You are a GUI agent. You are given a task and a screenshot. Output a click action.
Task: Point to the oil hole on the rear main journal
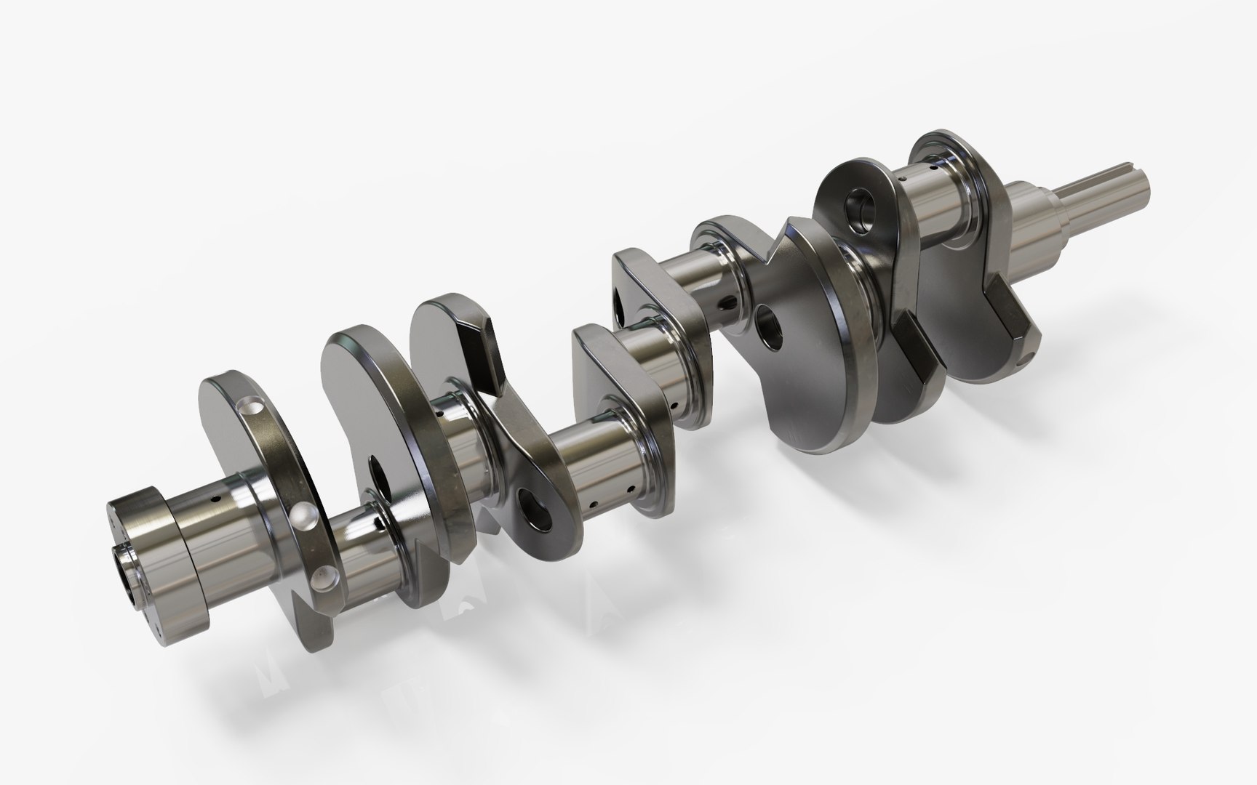tap(215, 500)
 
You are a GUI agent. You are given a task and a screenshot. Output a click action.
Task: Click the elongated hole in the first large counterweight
tap(378, 476)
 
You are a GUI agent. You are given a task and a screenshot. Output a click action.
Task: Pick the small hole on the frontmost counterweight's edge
tap(1023, 359)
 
